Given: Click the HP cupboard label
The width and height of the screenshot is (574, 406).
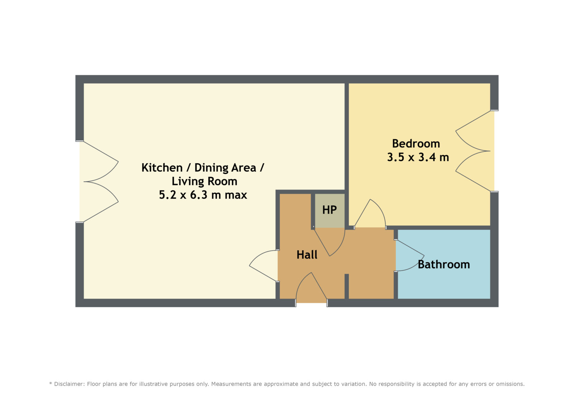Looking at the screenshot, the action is pos(329,210).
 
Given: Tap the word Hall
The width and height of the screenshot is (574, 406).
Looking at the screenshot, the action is pos(307,255).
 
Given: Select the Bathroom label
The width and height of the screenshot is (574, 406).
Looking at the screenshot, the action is pos(444,265).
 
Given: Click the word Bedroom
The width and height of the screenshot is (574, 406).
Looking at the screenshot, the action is pos(416,144).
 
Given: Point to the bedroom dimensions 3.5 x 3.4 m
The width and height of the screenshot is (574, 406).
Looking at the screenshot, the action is pos(418,157).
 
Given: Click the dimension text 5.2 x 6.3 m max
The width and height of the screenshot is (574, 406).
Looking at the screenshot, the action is pos(203,195).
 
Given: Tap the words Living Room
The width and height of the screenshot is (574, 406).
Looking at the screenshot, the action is pos(204,181).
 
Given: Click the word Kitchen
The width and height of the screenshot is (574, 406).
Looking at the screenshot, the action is pos(162,168).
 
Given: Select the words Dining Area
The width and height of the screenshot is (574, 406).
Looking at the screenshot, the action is pos(225,168).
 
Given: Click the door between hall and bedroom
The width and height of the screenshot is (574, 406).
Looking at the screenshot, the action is pos(370,214).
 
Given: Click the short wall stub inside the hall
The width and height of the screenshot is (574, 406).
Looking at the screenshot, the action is pos(347,286).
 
